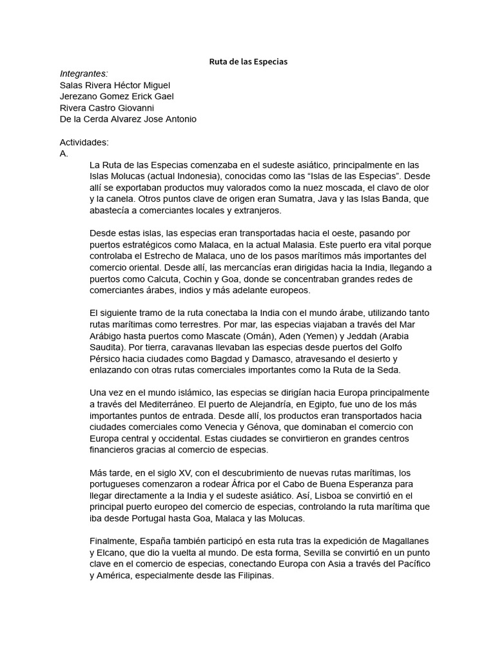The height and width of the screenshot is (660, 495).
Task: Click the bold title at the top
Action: click(x=247, y=62)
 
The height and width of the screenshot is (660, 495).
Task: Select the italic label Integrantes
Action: click(x=84, y=73)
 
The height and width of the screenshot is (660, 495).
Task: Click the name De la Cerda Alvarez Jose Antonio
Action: click(x=128, y=119)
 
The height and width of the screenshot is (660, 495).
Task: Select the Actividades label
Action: click(x=84, y=142)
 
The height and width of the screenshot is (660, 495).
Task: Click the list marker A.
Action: click(x=64, y=153)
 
